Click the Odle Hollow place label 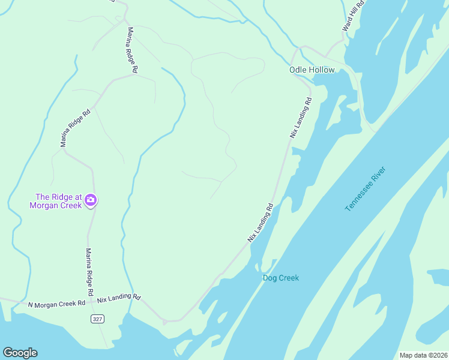click(312, 70)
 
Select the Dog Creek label click(280, 278)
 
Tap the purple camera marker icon click(91, 200)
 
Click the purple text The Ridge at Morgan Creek click(58, 201)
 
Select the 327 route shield click(98, 319)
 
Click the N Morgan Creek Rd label click(57, 304)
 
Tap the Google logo click(20, 353)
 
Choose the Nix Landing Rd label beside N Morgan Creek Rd click(119, 298)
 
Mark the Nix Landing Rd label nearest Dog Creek click(261, 223)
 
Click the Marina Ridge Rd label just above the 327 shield click(89, 271)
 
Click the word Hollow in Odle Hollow click(322, 70)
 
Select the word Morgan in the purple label click(44, 205)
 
